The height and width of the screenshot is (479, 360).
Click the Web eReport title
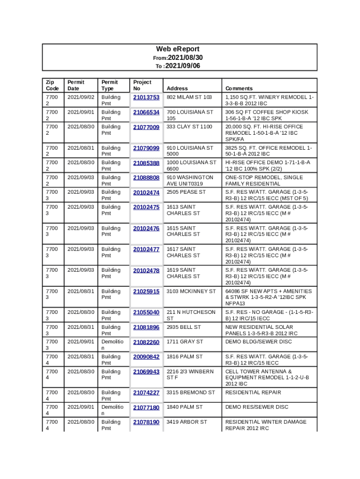coord(178,49)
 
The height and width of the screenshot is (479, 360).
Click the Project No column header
coord(142,85)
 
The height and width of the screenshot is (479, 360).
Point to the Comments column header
coord(239,88)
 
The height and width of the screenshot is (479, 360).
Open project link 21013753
coord(146,97)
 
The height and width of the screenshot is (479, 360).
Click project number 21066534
coord(146,112)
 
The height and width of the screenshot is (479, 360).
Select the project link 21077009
coord(146,127)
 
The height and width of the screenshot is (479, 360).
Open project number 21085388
coord(146,163)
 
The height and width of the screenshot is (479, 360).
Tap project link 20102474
coord(146,192)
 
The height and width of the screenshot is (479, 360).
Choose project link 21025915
coord(146,291)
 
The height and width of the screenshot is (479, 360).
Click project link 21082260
coord(146,342)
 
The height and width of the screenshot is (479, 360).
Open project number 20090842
coord(146,357)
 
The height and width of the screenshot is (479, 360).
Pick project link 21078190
coord(146,422)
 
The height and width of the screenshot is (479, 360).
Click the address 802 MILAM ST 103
coord(189,97)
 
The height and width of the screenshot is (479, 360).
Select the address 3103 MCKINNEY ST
coord(191,291)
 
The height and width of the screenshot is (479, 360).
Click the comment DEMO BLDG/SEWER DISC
coord(258,342)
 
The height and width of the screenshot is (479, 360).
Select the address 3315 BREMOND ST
coord(191,392)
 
